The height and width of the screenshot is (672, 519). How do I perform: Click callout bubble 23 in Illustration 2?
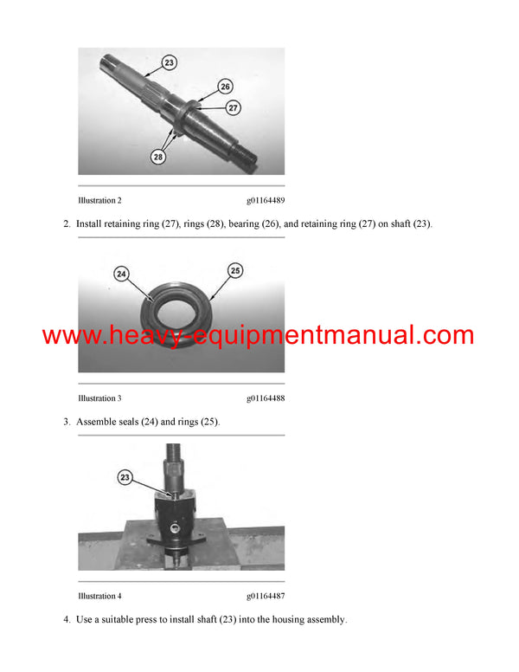(x=170, y=62)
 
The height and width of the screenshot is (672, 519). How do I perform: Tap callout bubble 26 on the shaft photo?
(x=225, y=87)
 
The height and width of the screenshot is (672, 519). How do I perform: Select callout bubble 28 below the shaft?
(x=157, y=157)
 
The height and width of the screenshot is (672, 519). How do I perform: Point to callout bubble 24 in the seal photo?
(x=121, y=274)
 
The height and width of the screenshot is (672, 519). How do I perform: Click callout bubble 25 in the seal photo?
(x=234, y=271)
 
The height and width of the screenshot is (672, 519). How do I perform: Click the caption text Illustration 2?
(x=99, y=200)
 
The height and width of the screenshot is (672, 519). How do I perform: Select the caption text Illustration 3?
(x=99, y=398)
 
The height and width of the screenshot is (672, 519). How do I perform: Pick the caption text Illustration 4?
(x=99, y=596)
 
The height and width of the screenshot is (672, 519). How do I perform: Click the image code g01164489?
(x=265, y=200)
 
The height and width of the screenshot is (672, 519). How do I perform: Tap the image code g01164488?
(x=265, y=398)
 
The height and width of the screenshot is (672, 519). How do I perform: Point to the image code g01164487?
(x=265, y=596)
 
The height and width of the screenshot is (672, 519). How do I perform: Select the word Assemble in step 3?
(x=98, y=422)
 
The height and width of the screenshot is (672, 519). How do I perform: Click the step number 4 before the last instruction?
(x=66, y=619)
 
